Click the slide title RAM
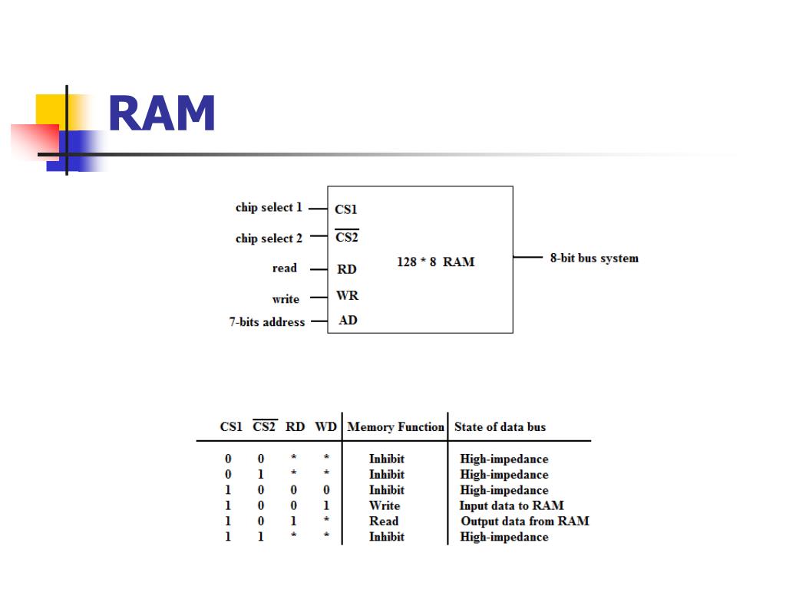(162, 115)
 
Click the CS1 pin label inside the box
(346, 209)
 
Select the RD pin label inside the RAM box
(347, 269)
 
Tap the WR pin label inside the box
(347, 296)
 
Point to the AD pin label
(348, 321)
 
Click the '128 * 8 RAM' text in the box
(435, 262)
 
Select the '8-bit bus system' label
(594, 258)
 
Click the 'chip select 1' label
(269, 208)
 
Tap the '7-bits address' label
(266, 322)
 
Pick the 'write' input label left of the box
(286, 299)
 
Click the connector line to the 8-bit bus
(528, 258)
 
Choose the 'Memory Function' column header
(395, 427)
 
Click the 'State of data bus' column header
(500, 427)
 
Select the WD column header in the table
(326, 427)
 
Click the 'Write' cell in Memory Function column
(385, 505)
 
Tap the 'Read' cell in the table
(384, 521)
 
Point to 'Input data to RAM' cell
(511, 505)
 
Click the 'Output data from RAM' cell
(525, 521)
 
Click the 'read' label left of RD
(284, 268)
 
